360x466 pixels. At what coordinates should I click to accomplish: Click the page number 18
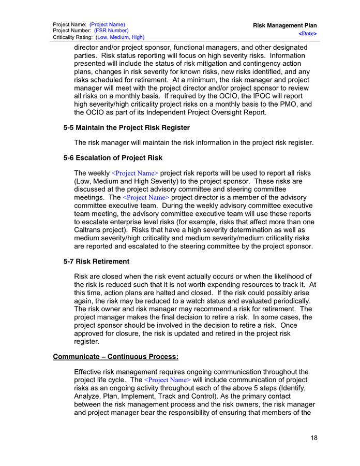coord(314,438)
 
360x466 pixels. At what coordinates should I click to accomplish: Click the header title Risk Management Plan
coord(285,25)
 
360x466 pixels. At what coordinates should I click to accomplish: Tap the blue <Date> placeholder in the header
coord(308,33)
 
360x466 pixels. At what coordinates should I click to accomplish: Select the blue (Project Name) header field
coord(107,24)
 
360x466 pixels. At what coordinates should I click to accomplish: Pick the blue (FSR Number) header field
coord(111,31)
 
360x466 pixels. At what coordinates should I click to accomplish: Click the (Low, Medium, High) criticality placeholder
coord(120,37)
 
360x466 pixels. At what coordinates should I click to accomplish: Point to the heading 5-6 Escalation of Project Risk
coord(113,157)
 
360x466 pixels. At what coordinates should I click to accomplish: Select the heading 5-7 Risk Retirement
coord(96,261)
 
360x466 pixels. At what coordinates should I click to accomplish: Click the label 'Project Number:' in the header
coord(72,31)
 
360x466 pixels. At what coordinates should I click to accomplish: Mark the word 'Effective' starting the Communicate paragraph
coord(91,372)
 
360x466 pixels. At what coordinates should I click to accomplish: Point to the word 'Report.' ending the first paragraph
coord(252,113)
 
